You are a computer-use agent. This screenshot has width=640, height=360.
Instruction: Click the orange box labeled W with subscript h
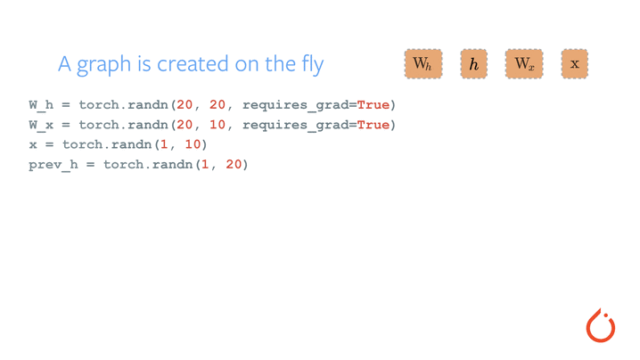pos(423,63)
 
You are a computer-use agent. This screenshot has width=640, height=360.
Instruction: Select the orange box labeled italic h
pos(474,63)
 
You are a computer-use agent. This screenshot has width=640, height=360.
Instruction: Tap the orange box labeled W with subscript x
pos(524,63)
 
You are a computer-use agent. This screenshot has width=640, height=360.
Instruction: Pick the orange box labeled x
pos(575,63)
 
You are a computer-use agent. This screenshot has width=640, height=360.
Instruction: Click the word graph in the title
pos(104,64)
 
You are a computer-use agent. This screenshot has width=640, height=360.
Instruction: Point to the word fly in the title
pos(313,64)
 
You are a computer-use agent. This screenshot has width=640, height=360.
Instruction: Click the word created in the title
pos(193,64)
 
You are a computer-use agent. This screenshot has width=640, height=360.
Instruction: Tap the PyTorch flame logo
pos(601,325)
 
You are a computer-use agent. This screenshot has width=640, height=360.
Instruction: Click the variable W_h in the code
pos(41,105)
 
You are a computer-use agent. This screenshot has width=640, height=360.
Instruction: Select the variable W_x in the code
pos(41,125)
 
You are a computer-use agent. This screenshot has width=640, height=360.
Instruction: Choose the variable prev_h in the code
pos(53,165)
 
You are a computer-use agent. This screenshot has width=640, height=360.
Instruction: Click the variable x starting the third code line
pos(33,145)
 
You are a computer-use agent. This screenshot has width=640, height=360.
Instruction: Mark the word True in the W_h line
pos(373,105)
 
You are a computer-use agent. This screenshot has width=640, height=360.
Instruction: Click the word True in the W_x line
pos(373,125)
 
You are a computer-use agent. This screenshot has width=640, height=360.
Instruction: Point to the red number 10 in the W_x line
pos(217,125)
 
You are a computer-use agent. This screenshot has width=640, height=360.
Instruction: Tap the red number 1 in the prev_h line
pos(205,165)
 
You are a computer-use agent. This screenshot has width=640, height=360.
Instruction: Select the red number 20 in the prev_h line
pos(234,165)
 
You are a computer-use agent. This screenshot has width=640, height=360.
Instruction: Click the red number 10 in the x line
pos(193,144)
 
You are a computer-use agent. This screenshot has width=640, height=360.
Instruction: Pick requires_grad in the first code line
pos(295,105)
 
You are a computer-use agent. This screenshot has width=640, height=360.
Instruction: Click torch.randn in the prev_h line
pos(148,165)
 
